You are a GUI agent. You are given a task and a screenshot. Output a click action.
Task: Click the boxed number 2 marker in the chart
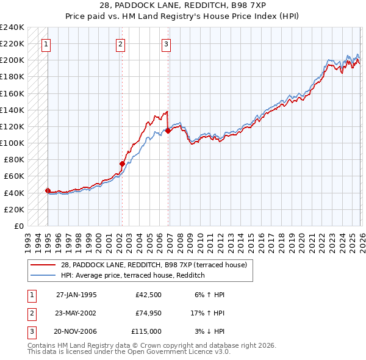coord(121,43)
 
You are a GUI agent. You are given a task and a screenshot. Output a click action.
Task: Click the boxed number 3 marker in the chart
coord(167,43)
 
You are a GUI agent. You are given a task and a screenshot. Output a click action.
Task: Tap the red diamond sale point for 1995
coord(48,190)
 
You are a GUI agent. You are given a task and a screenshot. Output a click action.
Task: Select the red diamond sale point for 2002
coord(122,164)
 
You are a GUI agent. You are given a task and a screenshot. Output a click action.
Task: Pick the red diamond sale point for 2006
coord(168,130)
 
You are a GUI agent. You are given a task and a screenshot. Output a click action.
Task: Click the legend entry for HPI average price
coord(132,276)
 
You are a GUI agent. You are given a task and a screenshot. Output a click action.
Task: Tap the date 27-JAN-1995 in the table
coord(76,295)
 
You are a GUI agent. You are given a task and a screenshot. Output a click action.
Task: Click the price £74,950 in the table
coord(148,313)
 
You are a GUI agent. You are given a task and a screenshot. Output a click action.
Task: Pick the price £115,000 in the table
coord(147,331)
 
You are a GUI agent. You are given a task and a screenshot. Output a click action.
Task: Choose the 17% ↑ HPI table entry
coord(207,313)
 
